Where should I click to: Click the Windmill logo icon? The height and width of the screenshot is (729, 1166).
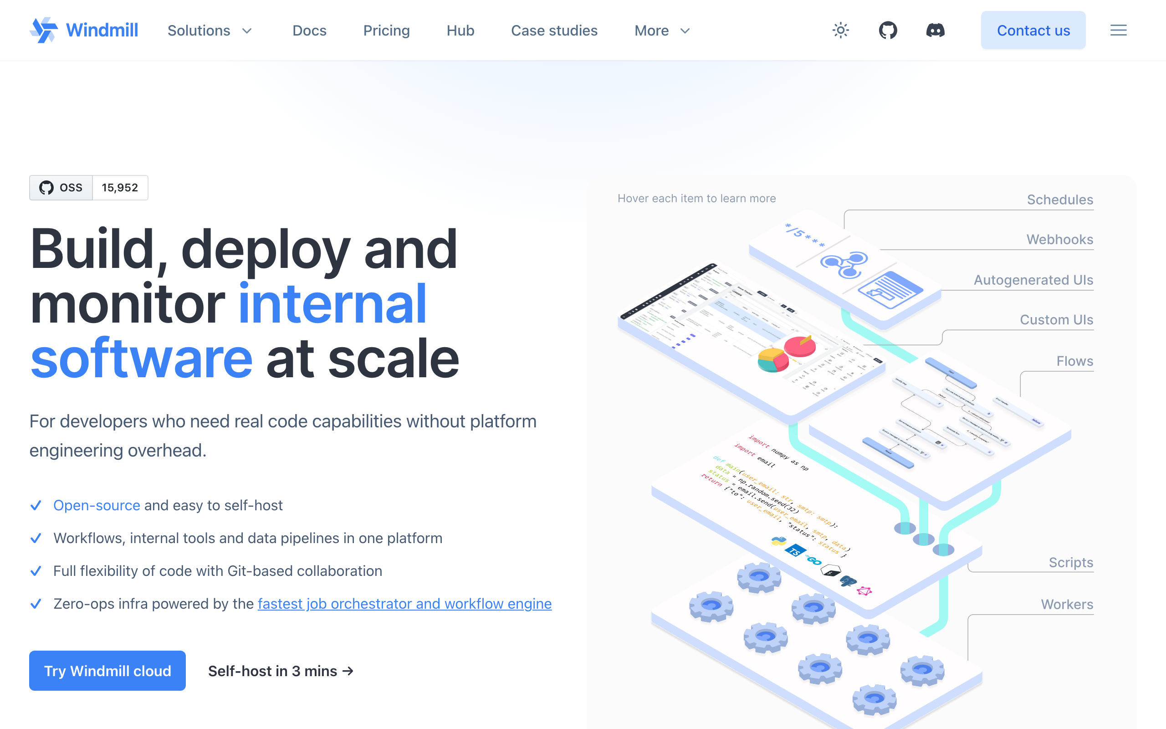tap(44, 30)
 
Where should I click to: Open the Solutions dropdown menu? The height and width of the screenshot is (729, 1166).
tap(210, 31)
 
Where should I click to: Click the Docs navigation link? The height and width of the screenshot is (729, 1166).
tap(309, 31)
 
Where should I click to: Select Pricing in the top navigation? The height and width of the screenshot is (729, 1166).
tap(386, 31)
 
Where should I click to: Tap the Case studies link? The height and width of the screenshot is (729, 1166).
tap(554, 31)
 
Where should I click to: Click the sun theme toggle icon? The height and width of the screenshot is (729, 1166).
tap(840, 31)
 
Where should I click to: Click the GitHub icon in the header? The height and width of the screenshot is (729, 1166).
tap(888, 31)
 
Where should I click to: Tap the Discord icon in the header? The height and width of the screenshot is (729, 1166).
tap(935, 31)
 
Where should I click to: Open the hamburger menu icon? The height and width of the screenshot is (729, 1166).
tap(1118, 31)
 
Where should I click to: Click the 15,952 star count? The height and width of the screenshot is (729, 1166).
tap(120, 188)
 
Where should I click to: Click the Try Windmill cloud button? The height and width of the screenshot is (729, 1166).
tap(107, 671)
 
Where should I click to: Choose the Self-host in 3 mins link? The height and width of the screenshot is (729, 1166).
tap(281, 671)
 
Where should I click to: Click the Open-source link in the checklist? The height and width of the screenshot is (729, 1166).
tap(97, 505)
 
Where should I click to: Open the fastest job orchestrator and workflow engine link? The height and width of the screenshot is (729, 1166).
tap(404, 604)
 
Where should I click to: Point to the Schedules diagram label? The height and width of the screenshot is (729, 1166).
tap(1059, 200)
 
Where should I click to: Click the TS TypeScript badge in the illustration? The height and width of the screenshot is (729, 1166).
tap(795, 550)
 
